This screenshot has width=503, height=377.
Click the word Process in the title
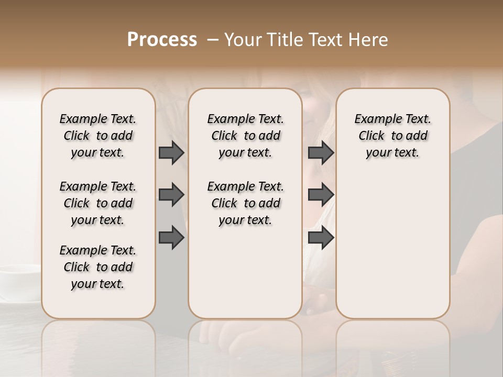pos(162,40)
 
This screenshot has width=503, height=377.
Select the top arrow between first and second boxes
pos(171,152)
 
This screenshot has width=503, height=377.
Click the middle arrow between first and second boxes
pos(171,195)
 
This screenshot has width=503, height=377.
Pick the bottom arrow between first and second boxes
pos(171,237)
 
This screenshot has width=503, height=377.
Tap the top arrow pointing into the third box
pos(321,152)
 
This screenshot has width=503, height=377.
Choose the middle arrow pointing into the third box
pos(321,195)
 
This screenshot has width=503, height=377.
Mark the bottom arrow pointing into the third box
pos(321,237)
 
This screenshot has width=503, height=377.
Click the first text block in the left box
pos(98,136)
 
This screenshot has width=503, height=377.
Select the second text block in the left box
pos(98,203)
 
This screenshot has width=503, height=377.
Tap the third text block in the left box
pos(98,267)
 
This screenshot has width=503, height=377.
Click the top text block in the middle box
pos(245,136)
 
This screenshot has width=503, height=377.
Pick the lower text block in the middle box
pos(245,203)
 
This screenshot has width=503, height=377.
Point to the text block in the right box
pos(392,136)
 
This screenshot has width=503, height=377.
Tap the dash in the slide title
pos(213,40)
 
